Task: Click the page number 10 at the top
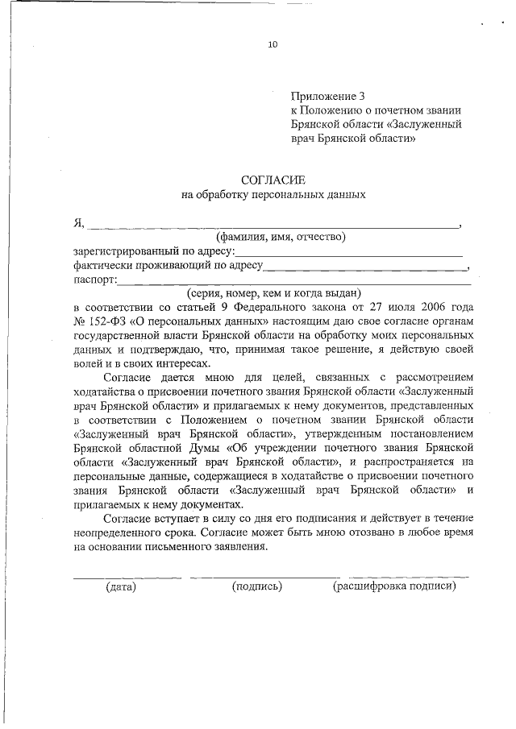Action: pos(273,45)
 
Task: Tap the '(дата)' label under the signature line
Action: pos(121,586)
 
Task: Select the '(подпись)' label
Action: pos(256,586)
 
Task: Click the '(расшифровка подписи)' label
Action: pos(394,586)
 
